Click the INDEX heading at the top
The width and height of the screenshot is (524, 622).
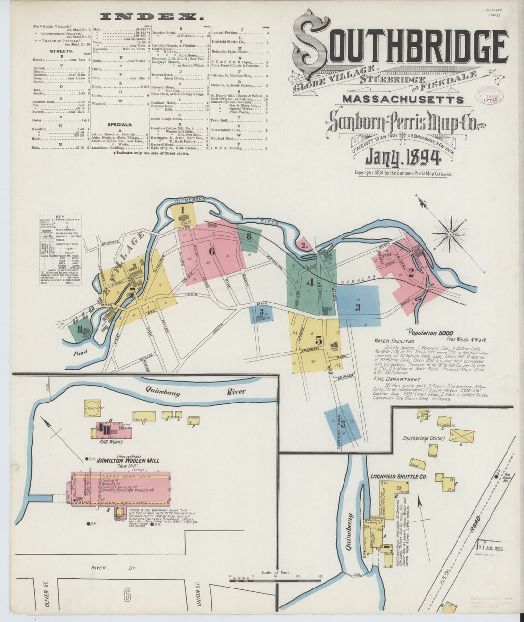tap(152, 17)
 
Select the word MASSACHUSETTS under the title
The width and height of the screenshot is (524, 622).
tap(403, 100)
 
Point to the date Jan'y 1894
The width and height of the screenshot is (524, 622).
tap(403, 157)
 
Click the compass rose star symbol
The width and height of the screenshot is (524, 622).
tap(450, 234)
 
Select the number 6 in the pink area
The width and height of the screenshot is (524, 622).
tap(212, 251)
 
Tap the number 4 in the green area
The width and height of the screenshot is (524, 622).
tap(310, 282)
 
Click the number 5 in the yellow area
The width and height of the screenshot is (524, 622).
tap(318, 340)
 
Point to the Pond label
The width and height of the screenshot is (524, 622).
tap(81, 353)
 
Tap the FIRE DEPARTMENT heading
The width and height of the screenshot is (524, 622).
tap(396, 379)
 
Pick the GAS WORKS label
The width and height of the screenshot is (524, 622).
tap(110, 442)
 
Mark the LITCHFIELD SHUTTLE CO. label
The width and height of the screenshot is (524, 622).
tap(398, 477)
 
